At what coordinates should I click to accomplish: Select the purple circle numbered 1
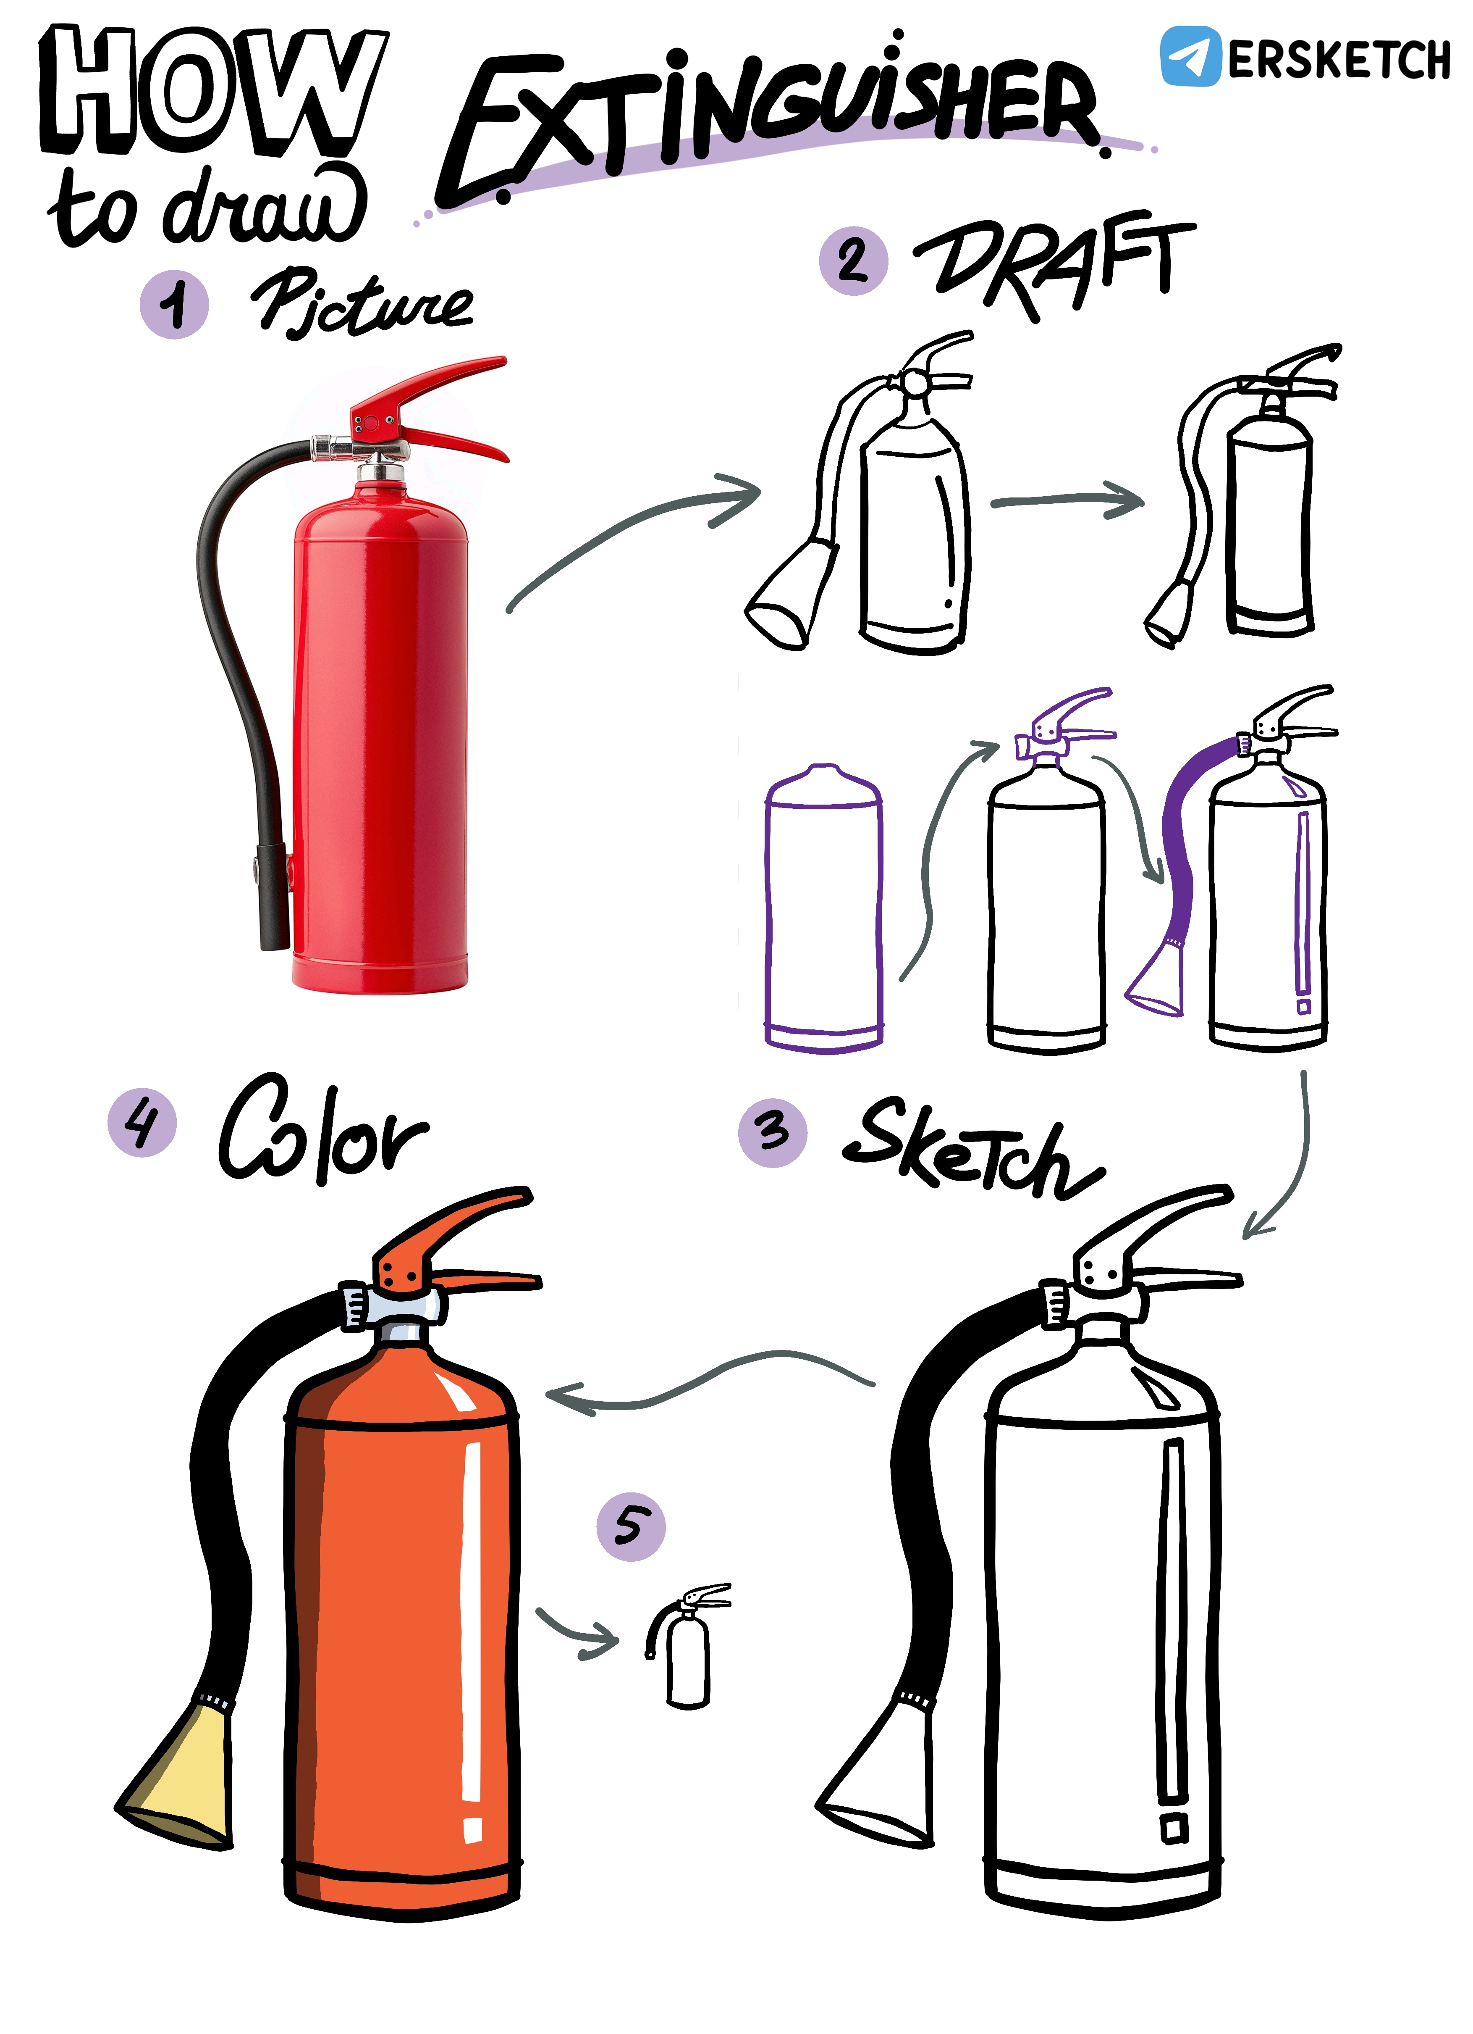pyautogui.click(x=174, y=304)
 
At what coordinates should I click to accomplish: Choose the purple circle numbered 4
pyautogui.click(x=142, y=1122)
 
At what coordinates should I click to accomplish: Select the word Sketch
pyautogui.click(x=973, y=1148)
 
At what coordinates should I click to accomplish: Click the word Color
pyautogui.click(x=323, y=1128)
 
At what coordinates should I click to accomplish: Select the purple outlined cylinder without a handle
pyautogui.click(x=823, y=908)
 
